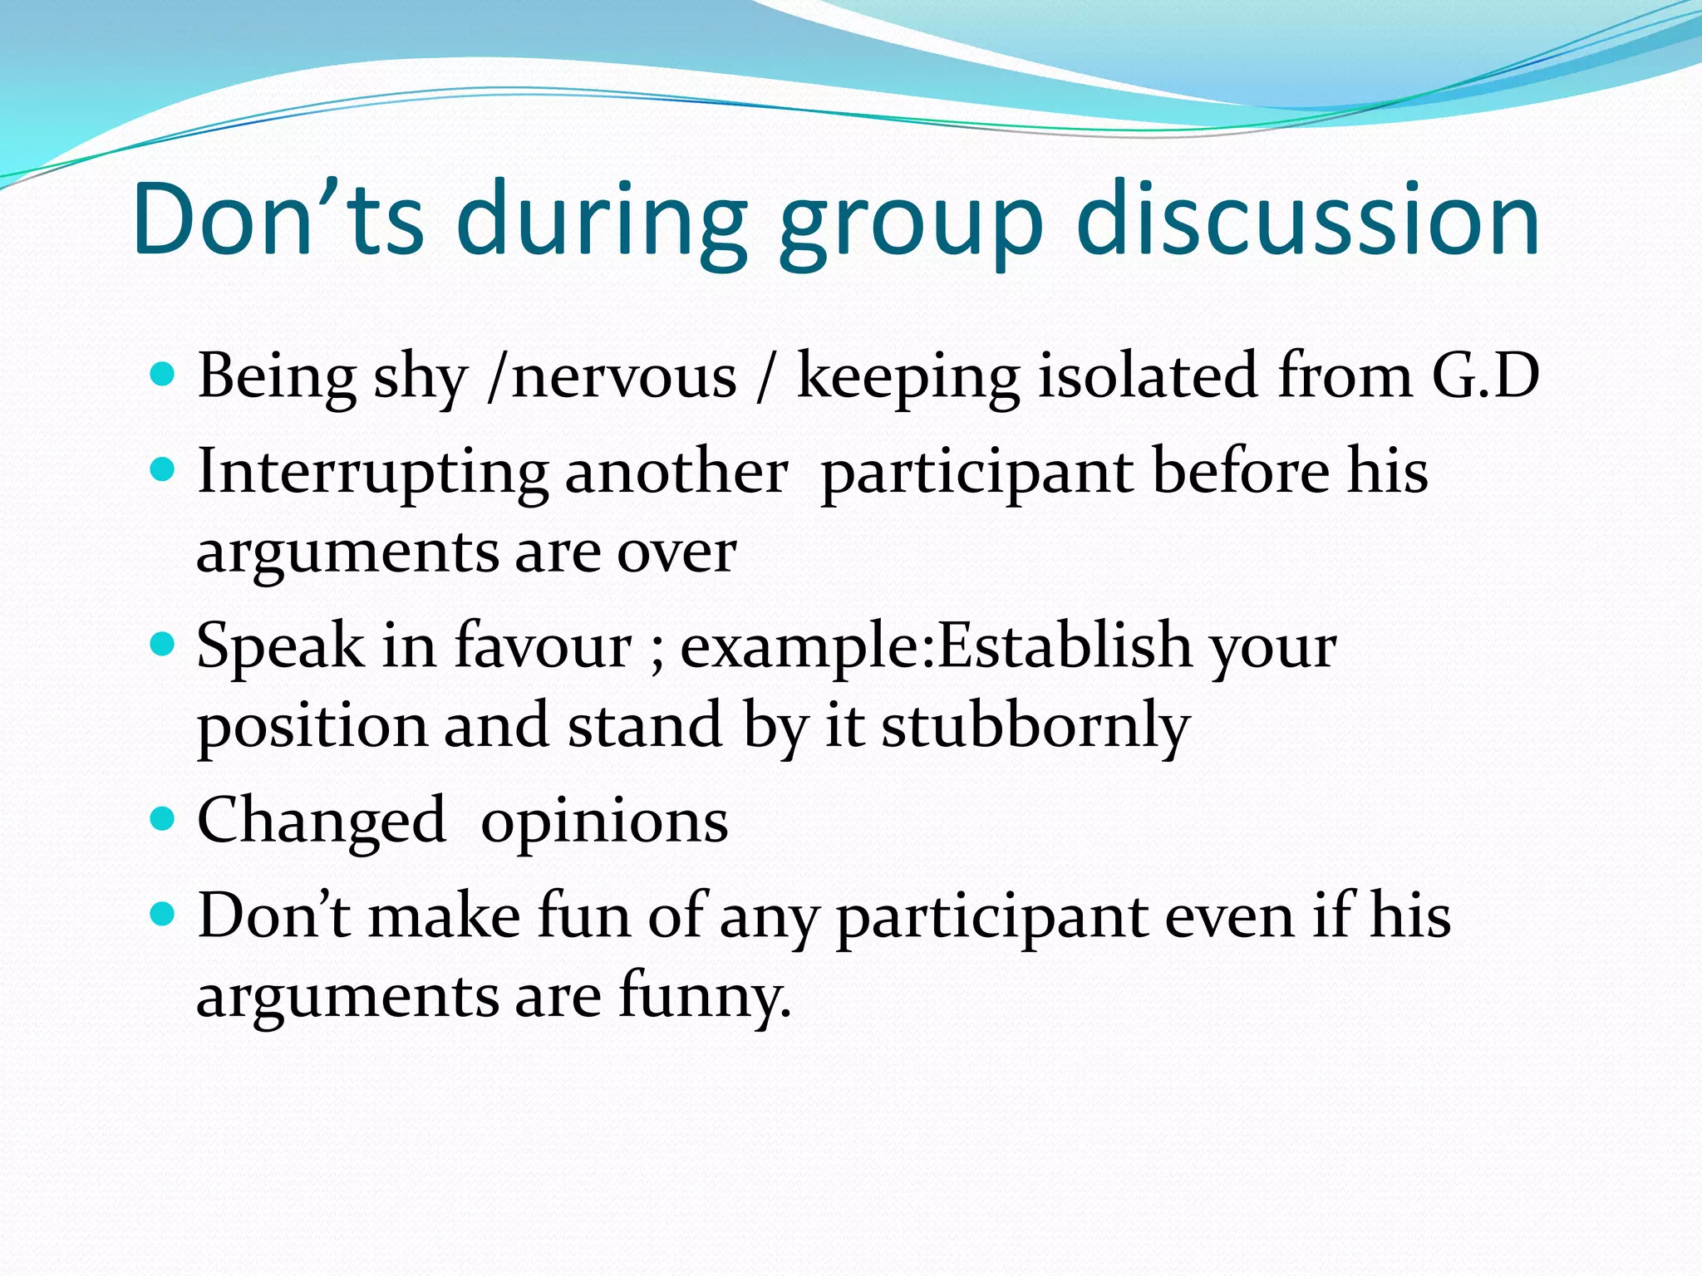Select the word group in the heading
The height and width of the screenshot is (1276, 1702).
(x=909, y=224)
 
